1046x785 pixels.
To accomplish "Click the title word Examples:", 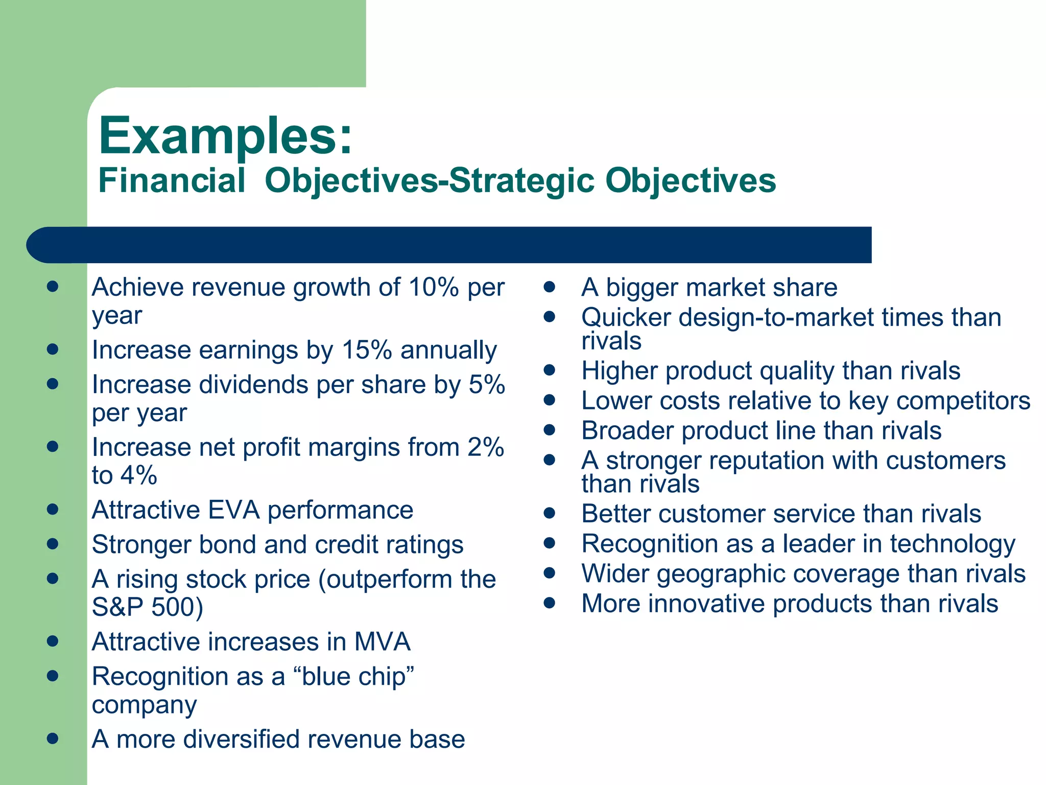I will [225, 136].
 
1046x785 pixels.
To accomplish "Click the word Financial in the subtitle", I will [172, 180].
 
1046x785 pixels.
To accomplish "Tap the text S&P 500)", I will [148, 607].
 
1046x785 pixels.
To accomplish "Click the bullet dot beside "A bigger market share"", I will [550, 287].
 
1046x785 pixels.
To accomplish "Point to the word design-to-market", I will [776, 317].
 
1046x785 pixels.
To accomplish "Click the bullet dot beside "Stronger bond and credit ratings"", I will [52, 544].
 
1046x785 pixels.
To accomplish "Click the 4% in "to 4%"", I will [139, 476].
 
